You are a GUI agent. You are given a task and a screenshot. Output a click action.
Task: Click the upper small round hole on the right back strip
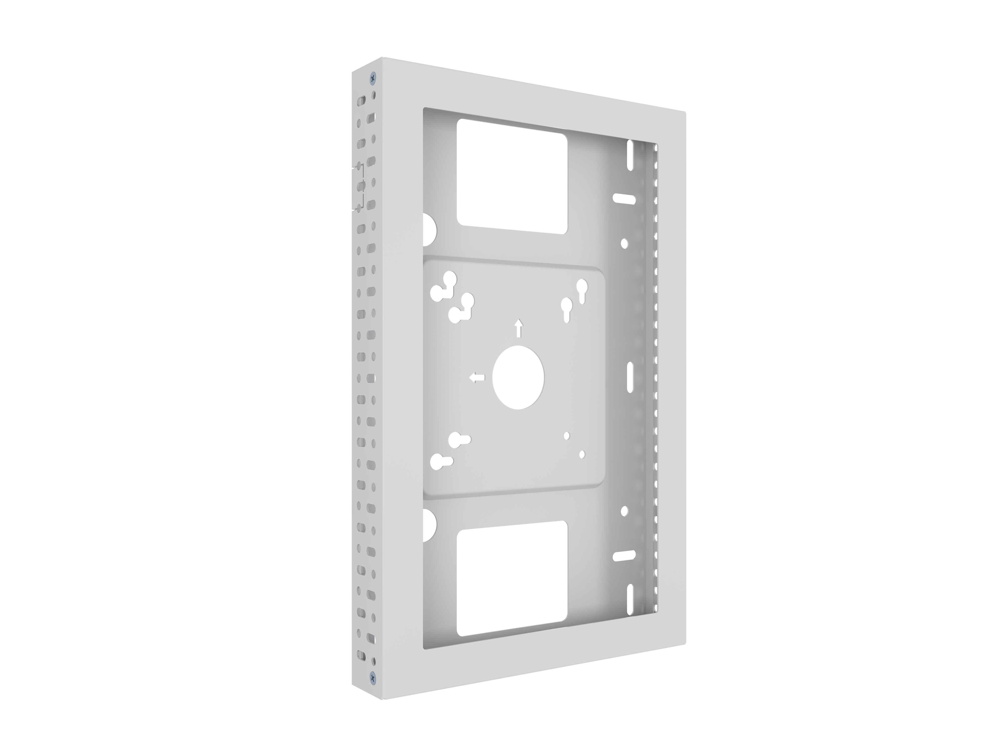[624, 244]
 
